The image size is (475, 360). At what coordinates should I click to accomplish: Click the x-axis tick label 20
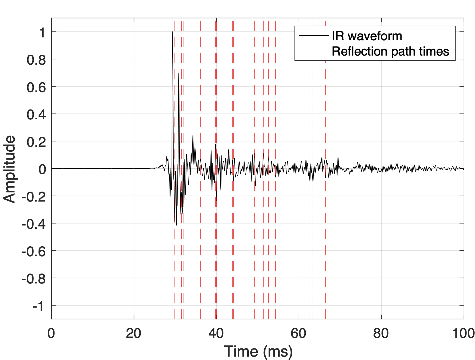point(134,333)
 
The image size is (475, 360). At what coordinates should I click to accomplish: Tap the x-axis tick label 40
point(216,333)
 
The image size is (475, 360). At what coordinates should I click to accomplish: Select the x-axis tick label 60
point(299,333)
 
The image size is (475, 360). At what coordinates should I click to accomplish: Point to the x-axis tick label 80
point(381,333)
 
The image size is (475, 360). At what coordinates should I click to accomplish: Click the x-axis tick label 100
point(463,333)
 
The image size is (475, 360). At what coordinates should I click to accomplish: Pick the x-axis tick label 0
point(51,333)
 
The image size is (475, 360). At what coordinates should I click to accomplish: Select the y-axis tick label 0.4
point(36,115)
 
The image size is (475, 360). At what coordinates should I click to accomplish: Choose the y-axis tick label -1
point(39,306)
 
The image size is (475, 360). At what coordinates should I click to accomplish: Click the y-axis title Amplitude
point(10,169)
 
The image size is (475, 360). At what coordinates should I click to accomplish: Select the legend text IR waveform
point(367,36)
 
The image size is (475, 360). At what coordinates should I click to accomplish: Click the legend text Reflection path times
point(390,51)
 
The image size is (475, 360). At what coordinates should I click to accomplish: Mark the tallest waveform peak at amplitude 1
point(172,32)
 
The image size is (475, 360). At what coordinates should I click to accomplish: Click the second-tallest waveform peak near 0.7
point(179,73)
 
